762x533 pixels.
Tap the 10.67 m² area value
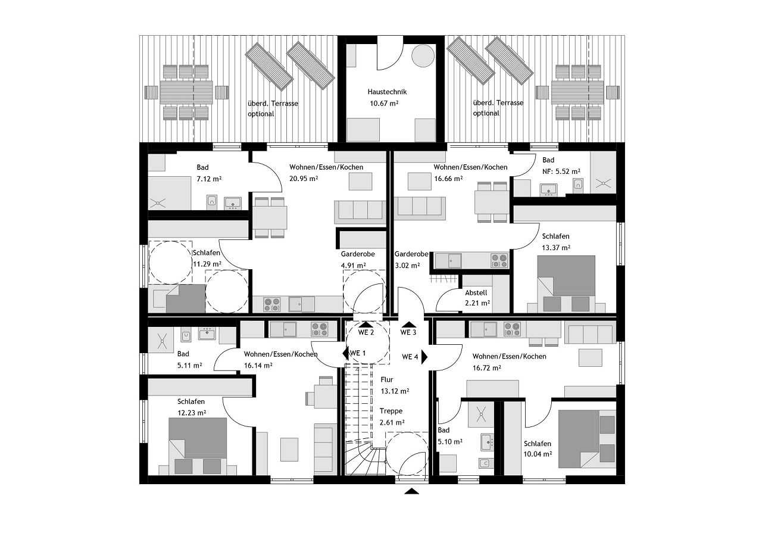pos(384,103)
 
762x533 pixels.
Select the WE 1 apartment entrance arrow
pos(346,353)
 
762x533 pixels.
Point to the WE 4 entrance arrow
pos(424,357)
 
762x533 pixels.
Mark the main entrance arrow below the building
pos(411,491)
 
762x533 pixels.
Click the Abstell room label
pos(476,293)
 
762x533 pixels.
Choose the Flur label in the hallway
pos(387,379)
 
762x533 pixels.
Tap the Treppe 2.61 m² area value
pos(392,422)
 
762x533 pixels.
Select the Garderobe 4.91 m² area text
pos(354,266)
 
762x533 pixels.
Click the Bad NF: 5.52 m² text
pos(561,172)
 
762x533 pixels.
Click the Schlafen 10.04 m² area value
pos(538,454)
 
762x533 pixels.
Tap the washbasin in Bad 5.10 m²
pos(487,442)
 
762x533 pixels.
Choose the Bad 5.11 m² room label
pos(183,354)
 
